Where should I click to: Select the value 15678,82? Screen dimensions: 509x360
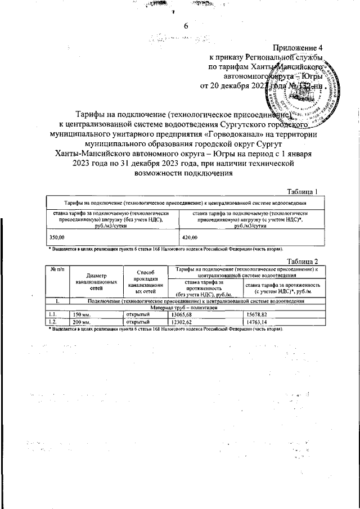click(256, 315)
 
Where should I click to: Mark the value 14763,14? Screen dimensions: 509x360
click(256, 322)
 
